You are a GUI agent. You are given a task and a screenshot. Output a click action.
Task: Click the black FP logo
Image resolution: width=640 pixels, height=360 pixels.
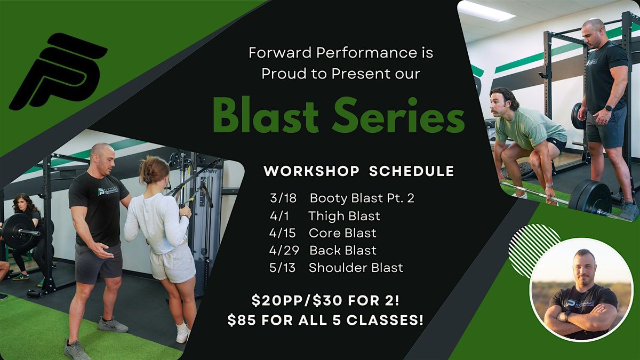[59, 71]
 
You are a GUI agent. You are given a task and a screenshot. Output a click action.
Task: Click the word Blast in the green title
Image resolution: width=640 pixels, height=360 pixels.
[266, 115]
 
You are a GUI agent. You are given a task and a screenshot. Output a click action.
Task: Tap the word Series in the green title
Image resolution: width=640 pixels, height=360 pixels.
[398, 115]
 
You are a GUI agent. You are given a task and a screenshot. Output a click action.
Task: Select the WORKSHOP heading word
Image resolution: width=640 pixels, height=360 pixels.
[311, 171]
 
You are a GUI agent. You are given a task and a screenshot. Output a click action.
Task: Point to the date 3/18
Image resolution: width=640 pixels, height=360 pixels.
[283, 198]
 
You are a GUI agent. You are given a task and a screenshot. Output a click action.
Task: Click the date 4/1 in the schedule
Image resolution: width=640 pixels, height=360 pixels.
[279, 216]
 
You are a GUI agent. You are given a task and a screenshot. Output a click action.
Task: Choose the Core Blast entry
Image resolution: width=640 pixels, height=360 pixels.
[342, 233]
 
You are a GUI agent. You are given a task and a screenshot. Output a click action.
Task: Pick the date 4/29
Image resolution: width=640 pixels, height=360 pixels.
[284, 250]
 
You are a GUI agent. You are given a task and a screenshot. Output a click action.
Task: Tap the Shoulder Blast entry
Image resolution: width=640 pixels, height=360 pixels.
[356, 268]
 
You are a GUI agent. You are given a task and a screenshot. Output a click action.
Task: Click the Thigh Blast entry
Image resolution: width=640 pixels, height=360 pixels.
[345, 216]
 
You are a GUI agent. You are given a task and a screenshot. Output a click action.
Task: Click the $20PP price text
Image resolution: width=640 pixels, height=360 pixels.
[277, 301]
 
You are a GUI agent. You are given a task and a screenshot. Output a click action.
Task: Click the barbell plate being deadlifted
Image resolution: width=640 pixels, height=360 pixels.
[590, 198]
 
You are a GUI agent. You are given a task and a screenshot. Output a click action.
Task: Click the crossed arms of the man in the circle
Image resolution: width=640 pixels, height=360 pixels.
[580, 317]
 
